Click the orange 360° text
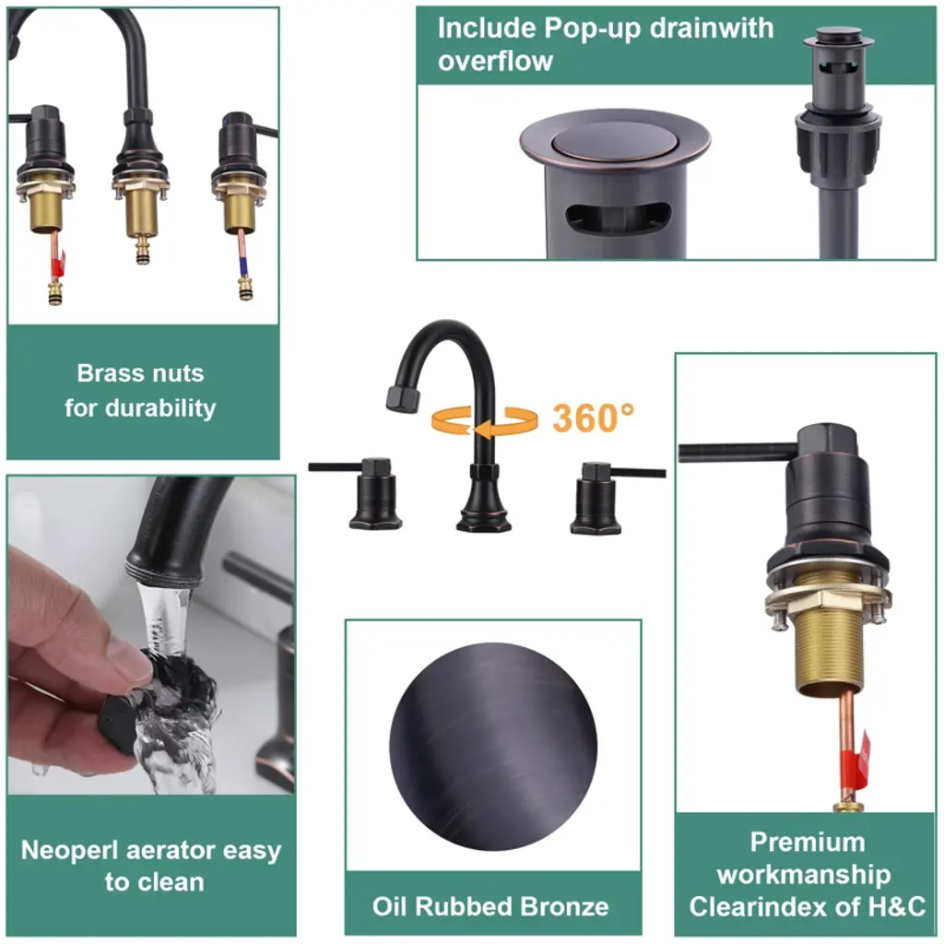(593, 418)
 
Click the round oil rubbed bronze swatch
(493, 747)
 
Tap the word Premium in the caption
(808, 842)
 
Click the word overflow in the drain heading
(495, 62)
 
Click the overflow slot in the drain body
(618, 218)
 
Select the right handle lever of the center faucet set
(637, 473)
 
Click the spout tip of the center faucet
(402, 400)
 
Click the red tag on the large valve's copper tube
(861, 761)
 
